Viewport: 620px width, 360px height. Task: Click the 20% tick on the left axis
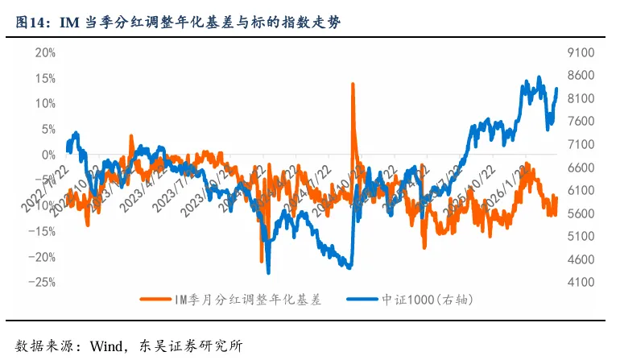coord(43,53)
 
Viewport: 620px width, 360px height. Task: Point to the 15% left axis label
coord(43,79)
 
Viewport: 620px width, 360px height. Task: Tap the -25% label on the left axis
coord(42,283)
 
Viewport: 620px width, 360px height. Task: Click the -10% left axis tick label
coord(42,206)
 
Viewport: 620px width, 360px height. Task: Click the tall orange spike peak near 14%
coord(353,84)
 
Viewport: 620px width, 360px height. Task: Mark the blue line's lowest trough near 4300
coord(268,272)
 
